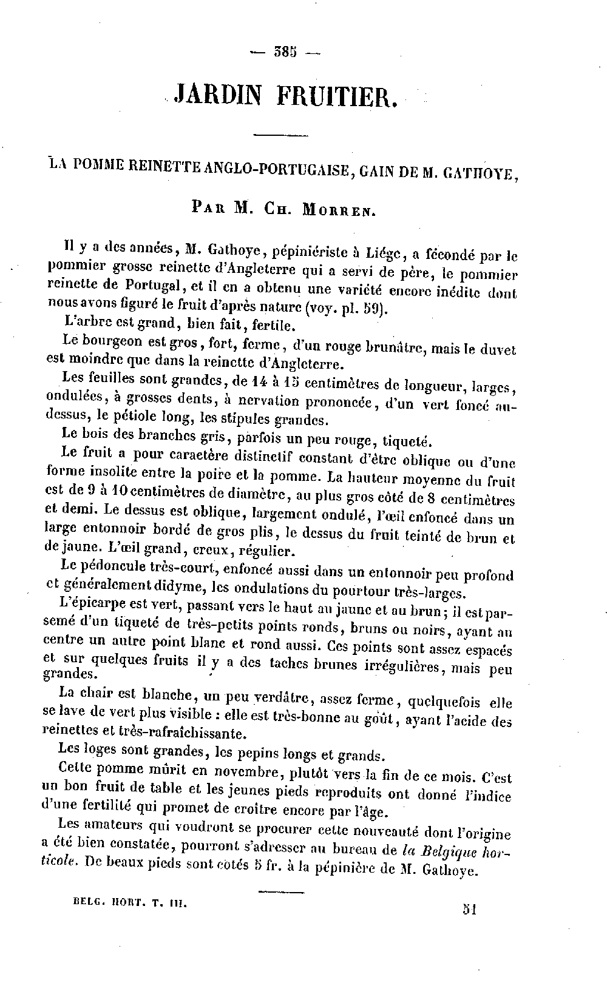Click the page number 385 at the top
(284, 52)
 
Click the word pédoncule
(114, 568)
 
